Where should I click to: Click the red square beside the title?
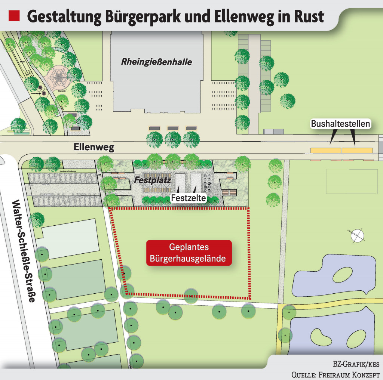click(14, 16)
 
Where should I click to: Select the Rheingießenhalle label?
click(156, 62)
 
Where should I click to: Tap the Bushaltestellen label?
click(341, 123)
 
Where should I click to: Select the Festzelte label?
click(189, 198)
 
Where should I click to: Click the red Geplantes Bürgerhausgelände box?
click(189, 253)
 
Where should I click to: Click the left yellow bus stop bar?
click(326, 150)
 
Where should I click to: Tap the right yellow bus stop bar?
click(358, 150)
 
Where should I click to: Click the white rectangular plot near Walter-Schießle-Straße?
click(70, 239)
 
